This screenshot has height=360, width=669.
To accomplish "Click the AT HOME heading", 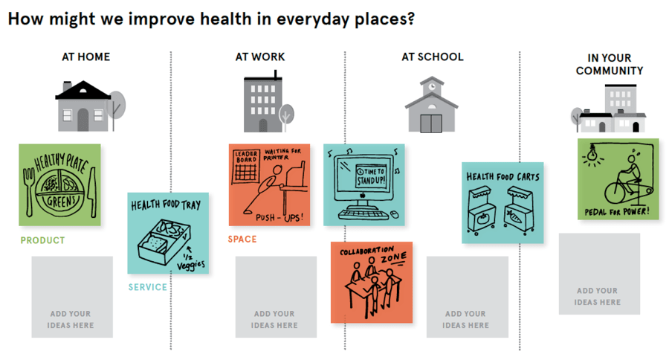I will pos(86,57).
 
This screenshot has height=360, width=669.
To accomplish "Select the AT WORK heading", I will pos(260,57).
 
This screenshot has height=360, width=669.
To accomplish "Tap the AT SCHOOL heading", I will pos(433,57).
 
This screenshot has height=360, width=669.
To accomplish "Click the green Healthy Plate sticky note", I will pos(59,184).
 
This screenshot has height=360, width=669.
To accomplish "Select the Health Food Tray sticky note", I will pos(169,233).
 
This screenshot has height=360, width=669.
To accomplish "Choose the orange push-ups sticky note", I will pos(268,184).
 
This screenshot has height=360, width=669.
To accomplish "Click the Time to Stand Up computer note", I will pos(363,184).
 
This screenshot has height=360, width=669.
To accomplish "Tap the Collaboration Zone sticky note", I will pos(371,282).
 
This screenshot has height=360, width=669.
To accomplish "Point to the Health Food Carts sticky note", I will pos(502,202).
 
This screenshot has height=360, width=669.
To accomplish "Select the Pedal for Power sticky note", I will pos(618,179).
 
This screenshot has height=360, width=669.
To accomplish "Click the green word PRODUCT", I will pos(42,240).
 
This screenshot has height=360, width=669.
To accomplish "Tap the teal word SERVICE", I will pos(147,287).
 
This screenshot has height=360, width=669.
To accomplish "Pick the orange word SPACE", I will pos(242,239).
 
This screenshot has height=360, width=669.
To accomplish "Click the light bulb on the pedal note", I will pos(593,153).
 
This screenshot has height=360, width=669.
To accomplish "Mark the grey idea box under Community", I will pos(599,274).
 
